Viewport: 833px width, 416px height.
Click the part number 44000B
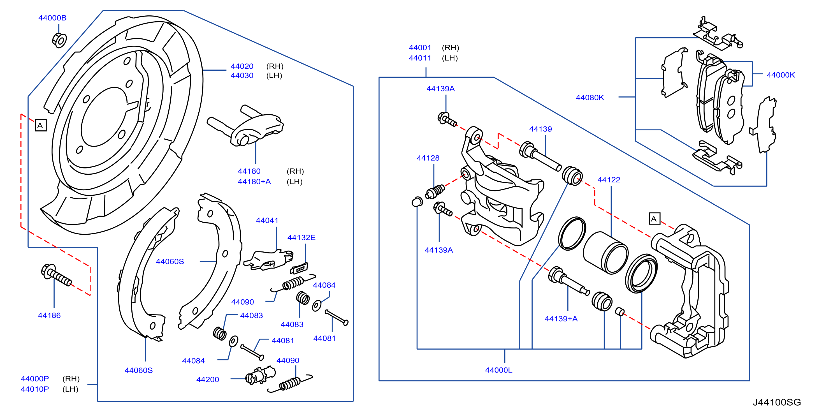pos(52,18)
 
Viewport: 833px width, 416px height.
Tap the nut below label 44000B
pos(59,40)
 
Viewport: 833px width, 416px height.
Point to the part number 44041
pos(267,220)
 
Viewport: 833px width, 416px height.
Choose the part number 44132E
pos(301,237)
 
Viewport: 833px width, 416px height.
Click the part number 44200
pos(208,380)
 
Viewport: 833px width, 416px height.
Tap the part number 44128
pos(428,158)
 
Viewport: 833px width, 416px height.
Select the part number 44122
pos(609,179)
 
